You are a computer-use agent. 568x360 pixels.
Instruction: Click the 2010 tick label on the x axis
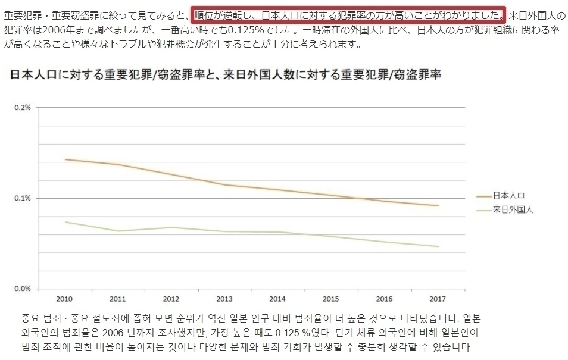[x=65, y=298]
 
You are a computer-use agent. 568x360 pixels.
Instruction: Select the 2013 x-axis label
[x=224, y=298]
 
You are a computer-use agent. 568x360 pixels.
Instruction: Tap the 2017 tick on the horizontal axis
[x=438, y=298]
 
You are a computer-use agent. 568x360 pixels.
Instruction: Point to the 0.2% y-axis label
[x=23, y=108]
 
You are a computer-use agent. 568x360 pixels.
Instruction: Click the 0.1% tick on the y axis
[x=23, y=198]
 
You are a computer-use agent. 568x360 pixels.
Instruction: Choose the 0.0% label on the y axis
[x=23, y=289]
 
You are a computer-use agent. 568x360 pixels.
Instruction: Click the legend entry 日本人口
[x=509, y=195]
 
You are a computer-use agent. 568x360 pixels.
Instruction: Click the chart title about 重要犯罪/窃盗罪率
[x=225, y=75]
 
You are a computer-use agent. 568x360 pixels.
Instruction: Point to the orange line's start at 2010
[x=65, y=159]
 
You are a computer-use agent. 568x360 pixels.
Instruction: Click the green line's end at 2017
[x=438, y=246]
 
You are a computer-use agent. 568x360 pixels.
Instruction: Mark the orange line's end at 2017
[x=438, y=206]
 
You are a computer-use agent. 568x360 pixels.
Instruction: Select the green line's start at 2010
[x=65, y=222]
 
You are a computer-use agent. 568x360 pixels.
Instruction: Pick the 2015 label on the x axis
[x=332, y=298]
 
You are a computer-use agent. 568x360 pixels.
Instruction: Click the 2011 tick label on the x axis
[x=118, y=298]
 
